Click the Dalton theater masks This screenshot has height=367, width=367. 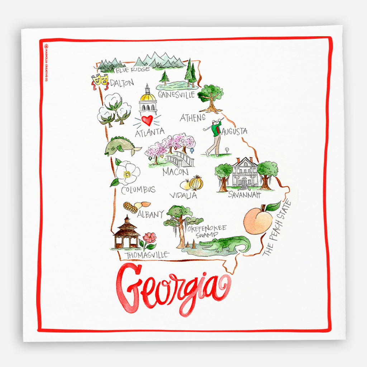(100, 81)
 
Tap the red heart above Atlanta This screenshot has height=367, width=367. (147, 120)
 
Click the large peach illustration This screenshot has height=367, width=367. (259, 220)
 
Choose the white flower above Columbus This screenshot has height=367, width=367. (127, 173)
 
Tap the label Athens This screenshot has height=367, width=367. (192, 118)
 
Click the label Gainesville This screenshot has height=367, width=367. (176, 95)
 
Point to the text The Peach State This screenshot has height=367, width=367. (277, 228)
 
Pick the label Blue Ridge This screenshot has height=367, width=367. (132, 70)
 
